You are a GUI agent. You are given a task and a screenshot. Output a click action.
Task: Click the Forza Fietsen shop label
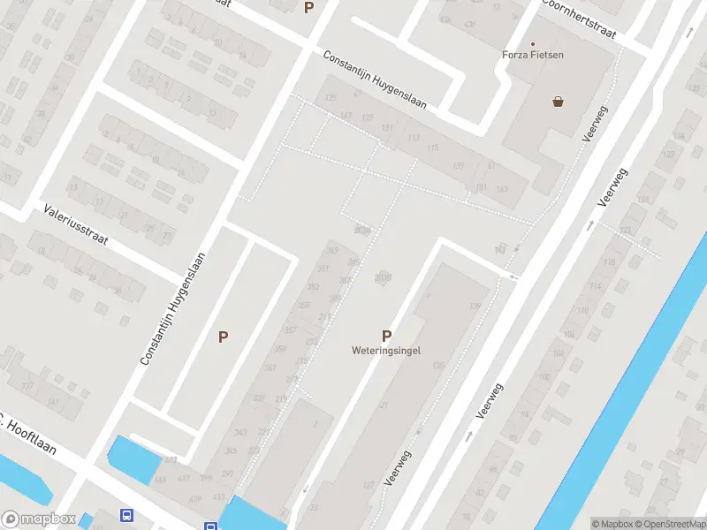coord(533,55)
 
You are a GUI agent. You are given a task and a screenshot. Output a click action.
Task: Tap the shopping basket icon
coord(559,102)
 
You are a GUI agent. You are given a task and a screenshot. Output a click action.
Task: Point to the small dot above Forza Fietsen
coord(533,43)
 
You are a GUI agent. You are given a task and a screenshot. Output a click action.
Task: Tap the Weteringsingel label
coord(386,350)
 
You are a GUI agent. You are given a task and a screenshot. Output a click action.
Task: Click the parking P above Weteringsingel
coord(386,336)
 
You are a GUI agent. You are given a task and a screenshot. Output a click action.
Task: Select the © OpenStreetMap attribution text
coord(669,524)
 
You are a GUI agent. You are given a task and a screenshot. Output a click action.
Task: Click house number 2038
coord(382,277)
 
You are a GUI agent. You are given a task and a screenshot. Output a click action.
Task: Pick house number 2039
coord(361,231)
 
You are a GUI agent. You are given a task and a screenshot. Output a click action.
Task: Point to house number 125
coord(331,97)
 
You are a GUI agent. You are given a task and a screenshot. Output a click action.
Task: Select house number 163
coord(501,189)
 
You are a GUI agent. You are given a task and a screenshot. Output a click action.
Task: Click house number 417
coord(183,479)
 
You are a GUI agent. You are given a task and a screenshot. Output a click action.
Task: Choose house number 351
coord(323,269)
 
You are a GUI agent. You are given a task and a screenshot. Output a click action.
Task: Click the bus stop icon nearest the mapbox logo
coord(128,515)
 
